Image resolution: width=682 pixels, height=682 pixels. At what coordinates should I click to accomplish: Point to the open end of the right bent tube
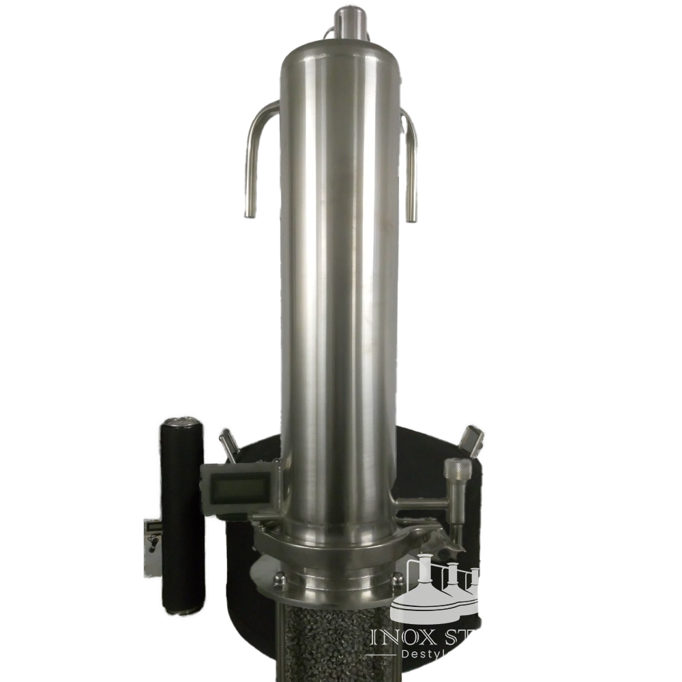pos(412,217)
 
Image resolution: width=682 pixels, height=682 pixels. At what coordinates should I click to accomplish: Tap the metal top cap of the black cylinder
pos(181,424)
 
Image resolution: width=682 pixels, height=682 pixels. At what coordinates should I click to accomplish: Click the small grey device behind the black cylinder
pos(153,539)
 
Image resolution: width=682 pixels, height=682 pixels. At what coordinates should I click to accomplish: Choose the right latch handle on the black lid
pos(472,436)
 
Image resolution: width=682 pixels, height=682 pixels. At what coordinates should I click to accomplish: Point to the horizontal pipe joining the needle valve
pos(423,505)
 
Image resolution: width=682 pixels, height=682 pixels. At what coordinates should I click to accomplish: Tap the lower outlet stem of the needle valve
pos(454,525)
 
